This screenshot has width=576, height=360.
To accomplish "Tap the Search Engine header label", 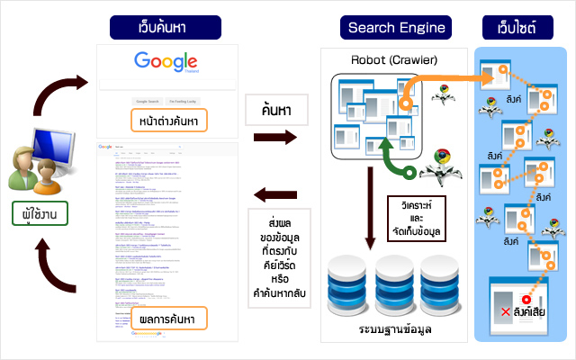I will click(x=397, y=27).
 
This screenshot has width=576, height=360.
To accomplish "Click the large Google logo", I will click(x=166, y=62).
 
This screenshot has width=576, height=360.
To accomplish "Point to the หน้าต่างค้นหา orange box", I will click(x=167, y=120).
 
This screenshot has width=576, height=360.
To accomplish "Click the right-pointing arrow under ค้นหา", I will click(x=275, y=139).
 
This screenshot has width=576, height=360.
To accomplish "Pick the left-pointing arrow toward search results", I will click(x=275, y=193).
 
